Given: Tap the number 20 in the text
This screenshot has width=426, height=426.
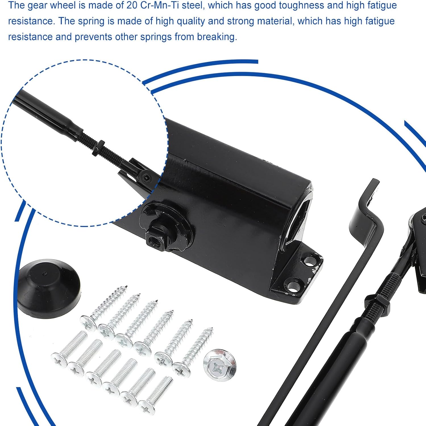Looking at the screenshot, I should (x=132, y=5).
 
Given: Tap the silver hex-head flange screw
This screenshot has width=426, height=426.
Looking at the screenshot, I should (x=220, y=365).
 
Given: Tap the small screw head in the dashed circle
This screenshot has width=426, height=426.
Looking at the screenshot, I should (x=146, y=178).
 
